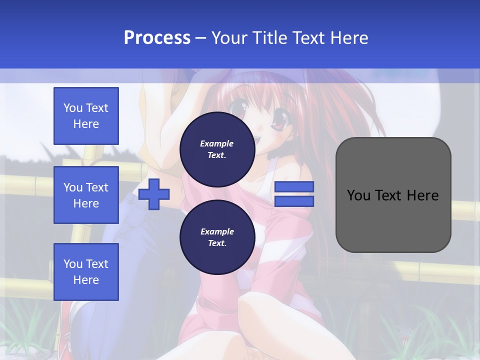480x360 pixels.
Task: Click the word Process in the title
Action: (157, 38)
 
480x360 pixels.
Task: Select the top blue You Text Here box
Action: (86, 116)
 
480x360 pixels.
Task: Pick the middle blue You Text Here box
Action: (86, 195)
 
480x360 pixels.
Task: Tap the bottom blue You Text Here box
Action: (86, 272)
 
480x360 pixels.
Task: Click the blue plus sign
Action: (154, 194)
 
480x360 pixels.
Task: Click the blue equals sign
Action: (294, 194)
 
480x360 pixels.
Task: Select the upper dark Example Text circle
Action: (217, 149)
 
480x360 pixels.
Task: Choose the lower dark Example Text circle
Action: (217, 237)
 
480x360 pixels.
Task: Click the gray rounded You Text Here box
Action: (393, 195)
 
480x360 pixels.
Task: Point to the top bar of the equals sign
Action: (294, 187)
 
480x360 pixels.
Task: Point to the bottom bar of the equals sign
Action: (294, 201)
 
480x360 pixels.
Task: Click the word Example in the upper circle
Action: (217, 143)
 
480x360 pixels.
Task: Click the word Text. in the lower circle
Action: (217, 243)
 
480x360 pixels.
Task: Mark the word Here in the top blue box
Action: (86, 124)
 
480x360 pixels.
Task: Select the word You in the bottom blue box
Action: (73, 264)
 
